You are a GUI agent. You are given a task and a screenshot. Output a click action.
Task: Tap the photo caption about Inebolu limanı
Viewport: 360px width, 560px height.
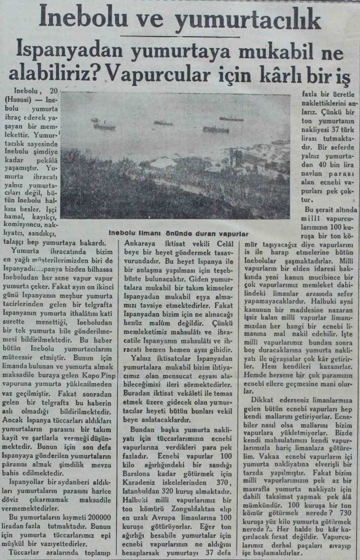178,234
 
